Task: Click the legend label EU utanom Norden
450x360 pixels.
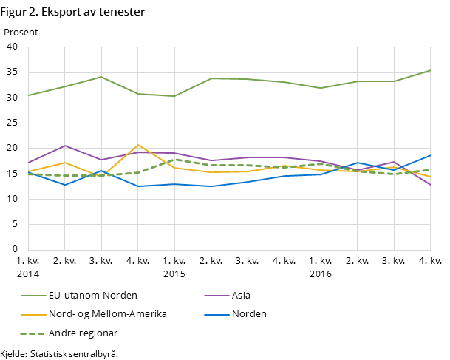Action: [x=92, y=296]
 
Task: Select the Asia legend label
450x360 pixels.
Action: [x=241, y=296]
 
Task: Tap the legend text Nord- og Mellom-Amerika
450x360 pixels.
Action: [x=107, y=314]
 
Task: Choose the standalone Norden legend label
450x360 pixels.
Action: [x=249, y=314]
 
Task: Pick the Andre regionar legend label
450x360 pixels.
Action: [x=83, y=333]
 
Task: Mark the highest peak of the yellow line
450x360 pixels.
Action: [x=138, y=145]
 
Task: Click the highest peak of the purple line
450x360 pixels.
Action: [x=65, y=146]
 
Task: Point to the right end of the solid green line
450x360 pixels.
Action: [x=431, y=70]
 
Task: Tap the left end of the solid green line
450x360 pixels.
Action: [x=28, y=95]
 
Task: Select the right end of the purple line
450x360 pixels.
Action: [x=431, y=186]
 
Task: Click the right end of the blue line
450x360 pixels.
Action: [x=431, y=155]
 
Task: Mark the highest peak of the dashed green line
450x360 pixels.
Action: [x=174, y=159]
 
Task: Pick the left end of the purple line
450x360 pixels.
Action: [x=28, y=163]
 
